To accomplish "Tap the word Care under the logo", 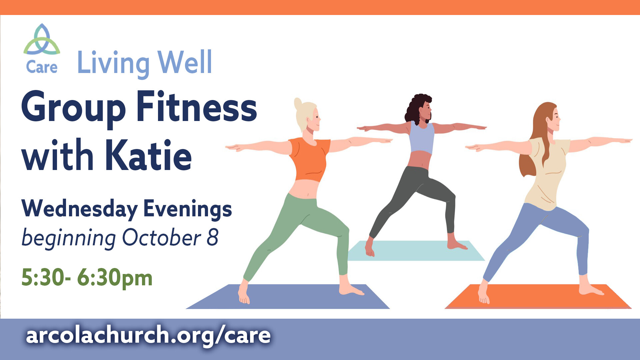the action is click(42, 67).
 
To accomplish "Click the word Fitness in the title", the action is click(197, 107).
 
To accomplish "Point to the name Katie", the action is click(149, 155).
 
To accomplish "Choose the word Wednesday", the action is click(79, 209).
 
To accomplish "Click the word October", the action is click(162, 238).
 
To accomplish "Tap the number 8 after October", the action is click(212, 238).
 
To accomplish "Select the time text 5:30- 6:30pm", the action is click(87, 278).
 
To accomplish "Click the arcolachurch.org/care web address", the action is click(148, 335).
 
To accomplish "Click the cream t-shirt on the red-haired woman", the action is click(548, 173).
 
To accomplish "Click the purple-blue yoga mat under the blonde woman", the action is click(288, 297).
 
